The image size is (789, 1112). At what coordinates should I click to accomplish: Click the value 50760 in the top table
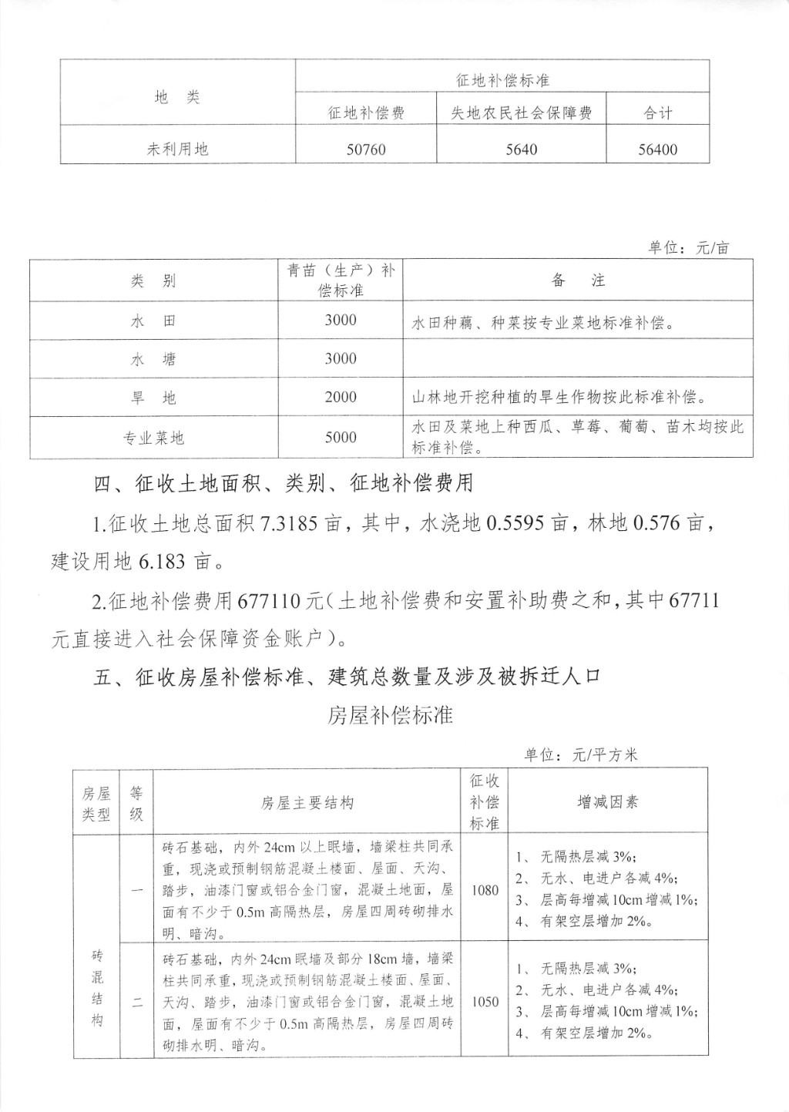point(366,149)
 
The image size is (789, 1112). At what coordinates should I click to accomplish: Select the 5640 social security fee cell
point(522,149)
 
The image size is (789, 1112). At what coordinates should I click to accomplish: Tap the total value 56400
point(657,149)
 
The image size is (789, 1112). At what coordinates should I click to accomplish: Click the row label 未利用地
point(177,149)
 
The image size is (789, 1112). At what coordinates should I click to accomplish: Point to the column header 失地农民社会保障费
point(522,113)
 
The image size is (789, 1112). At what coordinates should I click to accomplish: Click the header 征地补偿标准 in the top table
point(502,80)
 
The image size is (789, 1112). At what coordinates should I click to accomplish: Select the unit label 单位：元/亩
point(688,247)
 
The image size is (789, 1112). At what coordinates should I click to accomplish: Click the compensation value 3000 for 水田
point(341,320)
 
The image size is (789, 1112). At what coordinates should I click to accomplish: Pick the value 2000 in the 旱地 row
point(341,397)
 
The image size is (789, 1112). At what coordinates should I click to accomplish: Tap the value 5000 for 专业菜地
point(341,437)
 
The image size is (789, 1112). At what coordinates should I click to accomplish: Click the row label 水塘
point(153,359)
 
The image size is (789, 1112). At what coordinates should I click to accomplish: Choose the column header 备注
point(578,281)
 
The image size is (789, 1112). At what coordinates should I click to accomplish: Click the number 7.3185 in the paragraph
point(293,524)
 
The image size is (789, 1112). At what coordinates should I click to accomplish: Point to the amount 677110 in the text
point(270,600)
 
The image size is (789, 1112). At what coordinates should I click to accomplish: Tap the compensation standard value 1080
point(485,890)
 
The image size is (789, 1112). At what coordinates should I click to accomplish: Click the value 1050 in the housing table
point(485,1002)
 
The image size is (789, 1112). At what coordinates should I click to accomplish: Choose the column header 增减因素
point(608,802)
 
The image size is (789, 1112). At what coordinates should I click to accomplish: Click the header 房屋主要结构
point(307,803)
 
